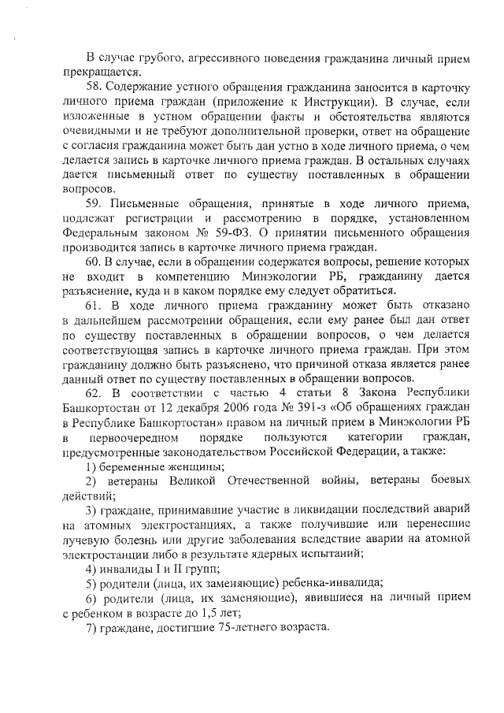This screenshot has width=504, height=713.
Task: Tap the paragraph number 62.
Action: coord(95,392)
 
